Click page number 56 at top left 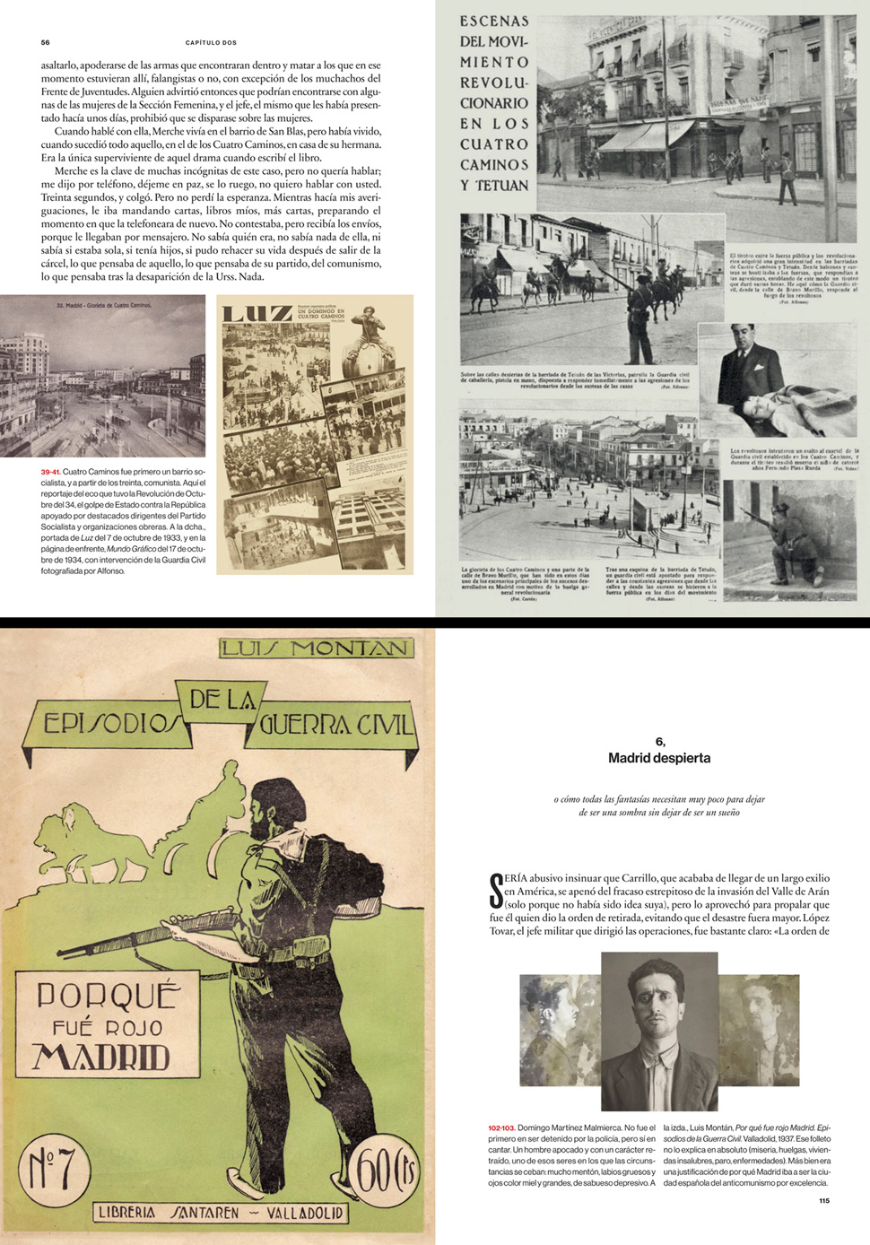(46, 42)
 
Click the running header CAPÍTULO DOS (211, 42)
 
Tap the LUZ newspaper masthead (256, 313)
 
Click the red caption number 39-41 (50, 472)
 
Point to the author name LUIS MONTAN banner (316, 648)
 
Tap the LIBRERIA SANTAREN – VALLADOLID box (221, 1213)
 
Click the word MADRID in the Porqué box (101, 1057)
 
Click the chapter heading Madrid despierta (659, 758)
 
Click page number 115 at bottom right (823, 1200)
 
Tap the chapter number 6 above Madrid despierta (660, 742)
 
